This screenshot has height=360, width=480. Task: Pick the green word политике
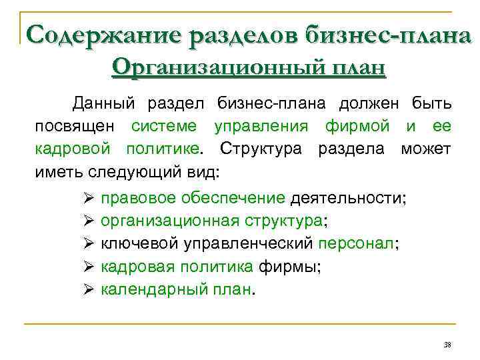click(161, 148)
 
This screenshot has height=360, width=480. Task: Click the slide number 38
click(447, 344)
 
